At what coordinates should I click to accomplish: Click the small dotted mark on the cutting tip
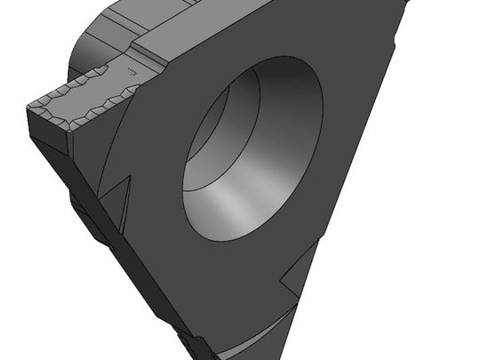[x=133, y=69]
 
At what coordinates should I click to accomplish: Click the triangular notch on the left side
[x=120, y=191]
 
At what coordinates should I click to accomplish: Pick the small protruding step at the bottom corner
[x=191, y=342]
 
